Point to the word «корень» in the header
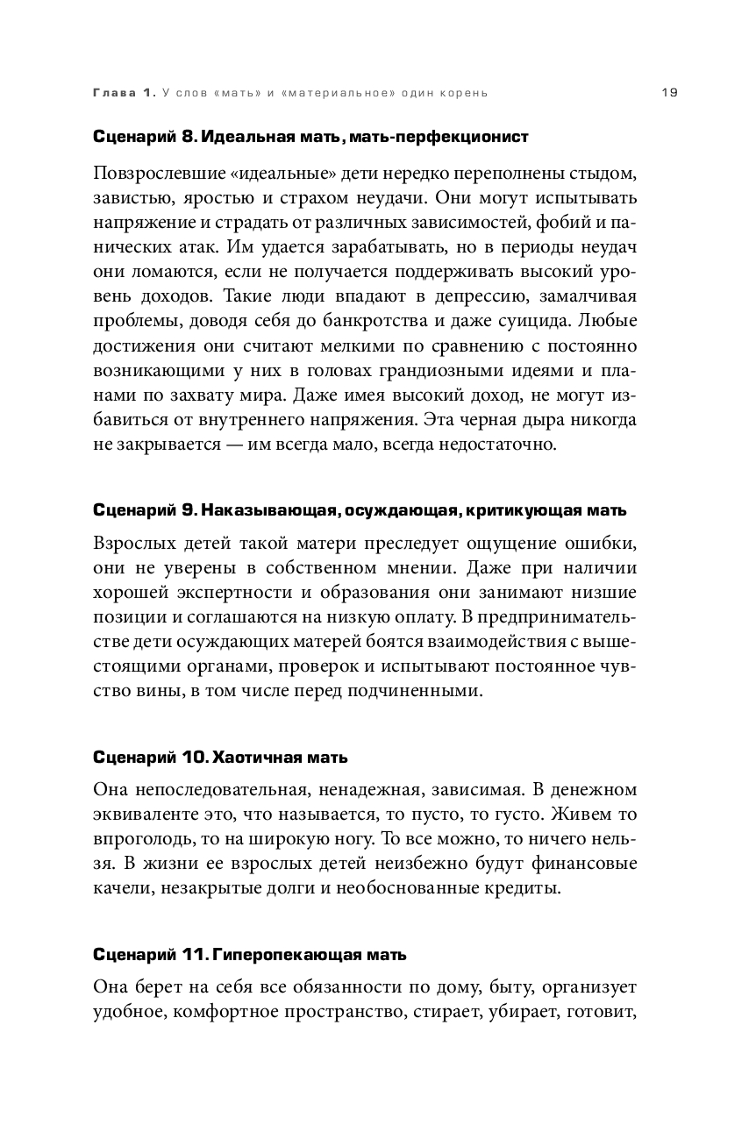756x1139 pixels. tap(461, 93)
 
